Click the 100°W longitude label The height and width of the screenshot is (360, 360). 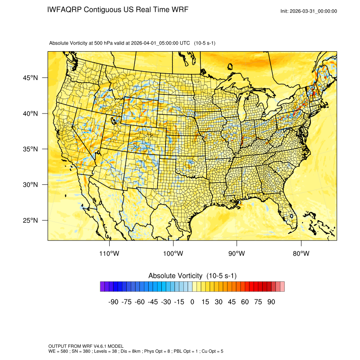[x=173, y=254]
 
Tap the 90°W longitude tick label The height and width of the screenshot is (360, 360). [x=237, y=254]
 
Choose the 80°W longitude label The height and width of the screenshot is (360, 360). [x=301, y=254]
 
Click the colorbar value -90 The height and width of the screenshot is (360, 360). [x=113, y=302]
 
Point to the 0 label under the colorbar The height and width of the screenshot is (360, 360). [x=192, y=302]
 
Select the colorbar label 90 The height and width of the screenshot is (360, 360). [x=271, y=302]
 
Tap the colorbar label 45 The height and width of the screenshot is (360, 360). [x=232, y=302]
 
